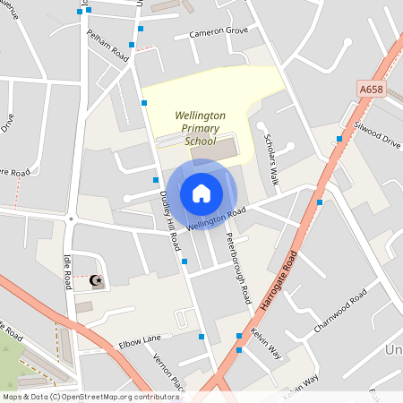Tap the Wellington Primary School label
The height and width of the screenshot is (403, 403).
tap(200, 128)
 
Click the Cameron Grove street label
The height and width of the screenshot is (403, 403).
tap(218, 32)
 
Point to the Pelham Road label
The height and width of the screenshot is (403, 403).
tap(107, 43)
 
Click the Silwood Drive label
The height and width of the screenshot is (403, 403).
tap(377, 134)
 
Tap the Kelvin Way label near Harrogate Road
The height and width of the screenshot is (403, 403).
tap(266, 344)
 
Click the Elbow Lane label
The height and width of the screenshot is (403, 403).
tap(139, 341)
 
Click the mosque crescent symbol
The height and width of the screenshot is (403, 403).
tap(96, 281)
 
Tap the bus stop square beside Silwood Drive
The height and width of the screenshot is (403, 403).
tap(339, 139)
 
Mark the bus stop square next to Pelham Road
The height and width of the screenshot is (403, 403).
tap(132, 44)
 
